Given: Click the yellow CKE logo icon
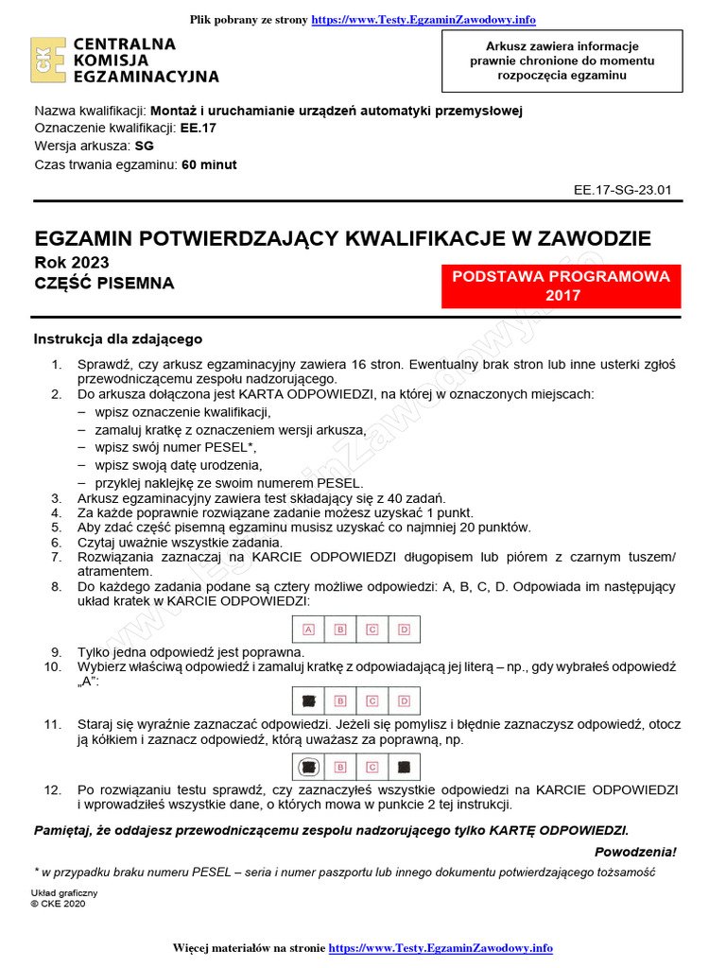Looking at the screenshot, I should (x=48, y=60).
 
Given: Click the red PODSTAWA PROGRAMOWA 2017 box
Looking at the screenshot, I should (x=562, y=286).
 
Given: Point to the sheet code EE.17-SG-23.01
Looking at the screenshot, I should (x=622, y=189).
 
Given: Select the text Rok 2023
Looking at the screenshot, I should (x=71, y=263).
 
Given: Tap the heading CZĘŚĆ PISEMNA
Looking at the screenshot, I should (x=104, y=283).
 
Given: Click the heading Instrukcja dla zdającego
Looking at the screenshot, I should (x=118, y=339).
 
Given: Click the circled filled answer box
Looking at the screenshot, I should (x=308, y=767).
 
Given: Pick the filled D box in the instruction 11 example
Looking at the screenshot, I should (x=404, y=767).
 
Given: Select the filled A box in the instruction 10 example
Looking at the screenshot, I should (x=308, y=700).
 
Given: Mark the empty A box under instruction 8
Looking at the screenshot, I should (x=308, y=629).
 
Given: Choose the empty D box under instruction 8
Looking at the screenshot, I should (x=404, y=629).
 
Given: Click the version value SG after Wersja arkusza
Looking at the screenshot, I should (x=144, y=147).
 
